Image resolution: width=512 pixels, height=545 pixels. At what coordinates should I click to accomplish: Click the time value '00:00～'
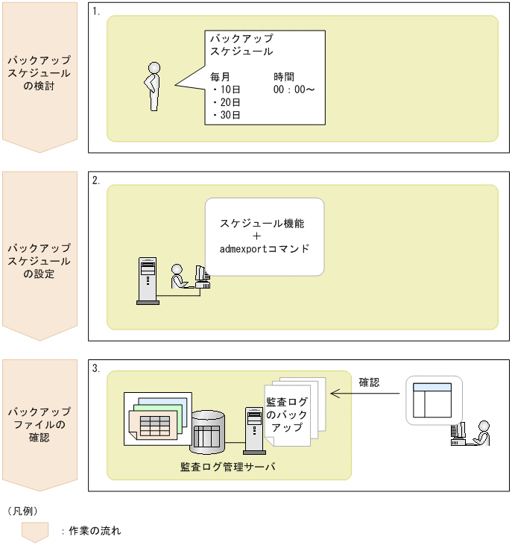(294, 89)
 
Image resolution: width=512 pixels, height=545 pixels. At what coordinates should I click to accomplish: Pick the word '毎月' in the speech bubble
(220, 77)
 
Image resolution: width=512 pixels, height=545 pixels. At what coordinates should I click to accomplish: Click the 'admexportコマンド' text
(264, 248)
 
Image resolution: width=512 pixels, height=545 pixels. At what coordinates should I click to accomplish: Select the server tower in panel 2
(148, 280)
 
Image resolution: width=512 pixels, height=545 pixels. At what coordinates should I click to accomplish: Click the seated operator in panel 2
(179, 277)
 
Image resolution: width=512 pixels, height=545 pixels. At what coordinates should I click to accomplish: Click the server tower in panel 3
(253, 428)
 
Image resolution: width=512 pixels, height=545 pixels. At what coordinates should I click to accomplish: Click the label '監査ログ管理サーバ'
(228, 467)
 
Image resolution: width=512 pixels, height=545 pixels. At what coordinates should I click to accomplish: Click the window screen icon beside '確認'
(433, 402)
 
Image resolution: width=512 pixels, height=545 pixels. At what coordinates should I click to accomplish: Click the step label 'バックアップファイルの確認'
(39, 424)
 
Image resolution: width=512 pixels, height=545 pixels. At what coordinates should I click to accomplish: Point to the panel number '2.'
(96, 181)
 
